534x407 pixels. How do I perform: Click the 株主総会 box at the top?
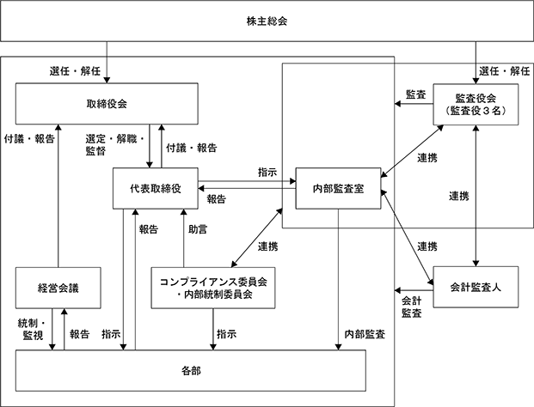coord(267,21)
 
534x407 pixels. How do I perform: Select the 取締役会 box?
coord(107,104)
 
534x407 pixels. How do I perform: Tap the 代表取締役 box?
coord(156,188)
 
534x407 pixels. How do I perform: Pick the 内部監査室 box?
coord(338,188)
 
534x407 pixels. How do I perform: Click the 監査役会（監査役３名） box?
coord(476,105)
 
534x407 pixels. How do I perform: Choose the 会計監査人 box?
coord(476,288)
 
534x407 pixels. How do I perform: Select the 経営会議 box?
coord(58,288)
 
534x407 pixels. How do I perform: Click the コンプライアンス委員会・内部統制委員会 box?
coord(213,288)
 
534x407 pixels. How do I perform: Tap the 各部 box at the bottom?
coord(191,371)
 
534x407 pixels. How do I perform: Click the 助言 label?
coord(198,229)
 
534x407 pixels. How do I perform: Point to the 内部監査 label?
coord(365,334)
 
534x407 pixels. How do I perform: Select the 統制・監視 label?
coord(31,329)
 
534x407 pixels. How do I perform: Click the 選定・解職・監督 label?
coord(115,145)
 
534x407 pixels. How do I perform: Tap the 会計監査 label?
coord(411,307)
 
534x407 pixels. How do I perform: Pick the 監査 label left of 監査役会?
coord(416,94)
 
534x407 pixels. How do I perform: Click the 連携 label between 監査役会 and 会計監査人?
coord(458,196)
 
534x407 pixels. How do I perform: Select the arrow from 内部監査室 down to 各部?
coord(338,280)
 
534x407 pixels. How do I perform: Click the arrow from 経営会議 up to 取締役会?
coord(58,196)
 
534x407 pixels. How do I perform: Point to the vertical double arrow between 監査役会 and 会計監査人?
coord(476,196)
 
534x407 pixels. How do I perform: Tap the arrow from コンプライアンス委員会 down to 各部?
coord(213,329)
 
